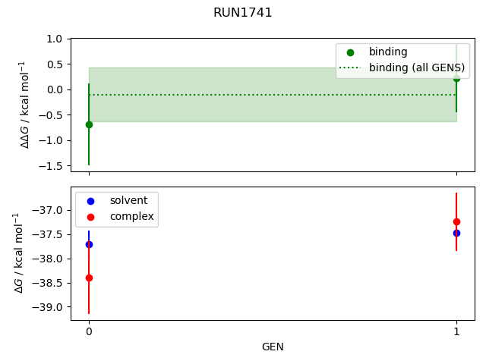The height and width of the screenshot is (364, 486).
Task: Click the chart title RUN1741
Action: point(242,13)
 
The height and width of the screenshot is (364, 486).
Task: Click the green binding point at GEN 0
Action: point(89,124)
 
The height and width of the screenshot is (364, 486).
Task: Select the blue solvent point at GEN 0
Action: point(89,244)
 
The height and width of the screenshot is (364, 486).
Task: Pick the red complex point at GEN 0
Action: point(89,278)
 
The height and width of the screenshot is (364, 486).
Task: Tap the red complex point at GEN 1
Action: point(456,221)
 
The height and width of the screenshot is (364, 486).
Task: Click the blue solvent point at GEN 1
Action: point(456,233)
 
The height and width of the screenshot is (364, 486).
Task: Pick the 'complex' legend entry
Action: point(131,217)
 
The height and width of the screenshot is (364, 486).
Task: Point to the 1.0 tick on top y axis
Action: point(54,39)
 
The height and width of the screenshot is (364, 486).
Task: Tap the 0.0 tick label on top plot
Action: point(54,89)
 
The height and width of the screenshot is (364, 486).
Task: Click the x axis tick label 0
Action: point(89,332)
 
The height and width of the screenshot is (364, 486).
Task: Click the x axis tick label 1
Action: point(456,332)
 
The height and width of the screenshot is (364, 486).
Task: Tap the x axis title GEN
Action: point(273,347)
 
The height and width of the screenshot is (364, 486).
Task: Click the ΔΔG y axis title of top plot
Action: point(25,104)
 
